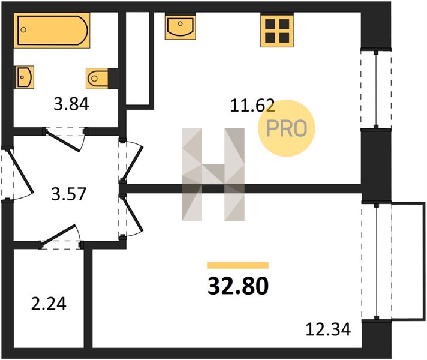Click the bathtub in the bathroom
52,30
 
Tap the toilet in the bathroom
97,79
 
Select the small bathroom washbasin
25,77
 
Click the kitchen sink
181,27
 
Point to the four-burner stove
277,31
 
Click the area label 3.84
71,104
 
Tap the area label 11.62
252,106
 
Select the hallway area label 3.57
68,194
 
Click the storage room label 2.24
49,304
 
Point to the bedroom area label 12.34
328,329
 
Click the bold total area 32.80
238,286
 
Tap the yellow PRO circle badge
287,128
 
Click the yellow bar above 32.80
237,265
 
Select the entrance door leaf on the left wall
20,171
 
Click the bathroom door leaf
62,141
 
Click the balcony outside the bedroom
408,260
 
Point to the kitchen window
376,89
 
